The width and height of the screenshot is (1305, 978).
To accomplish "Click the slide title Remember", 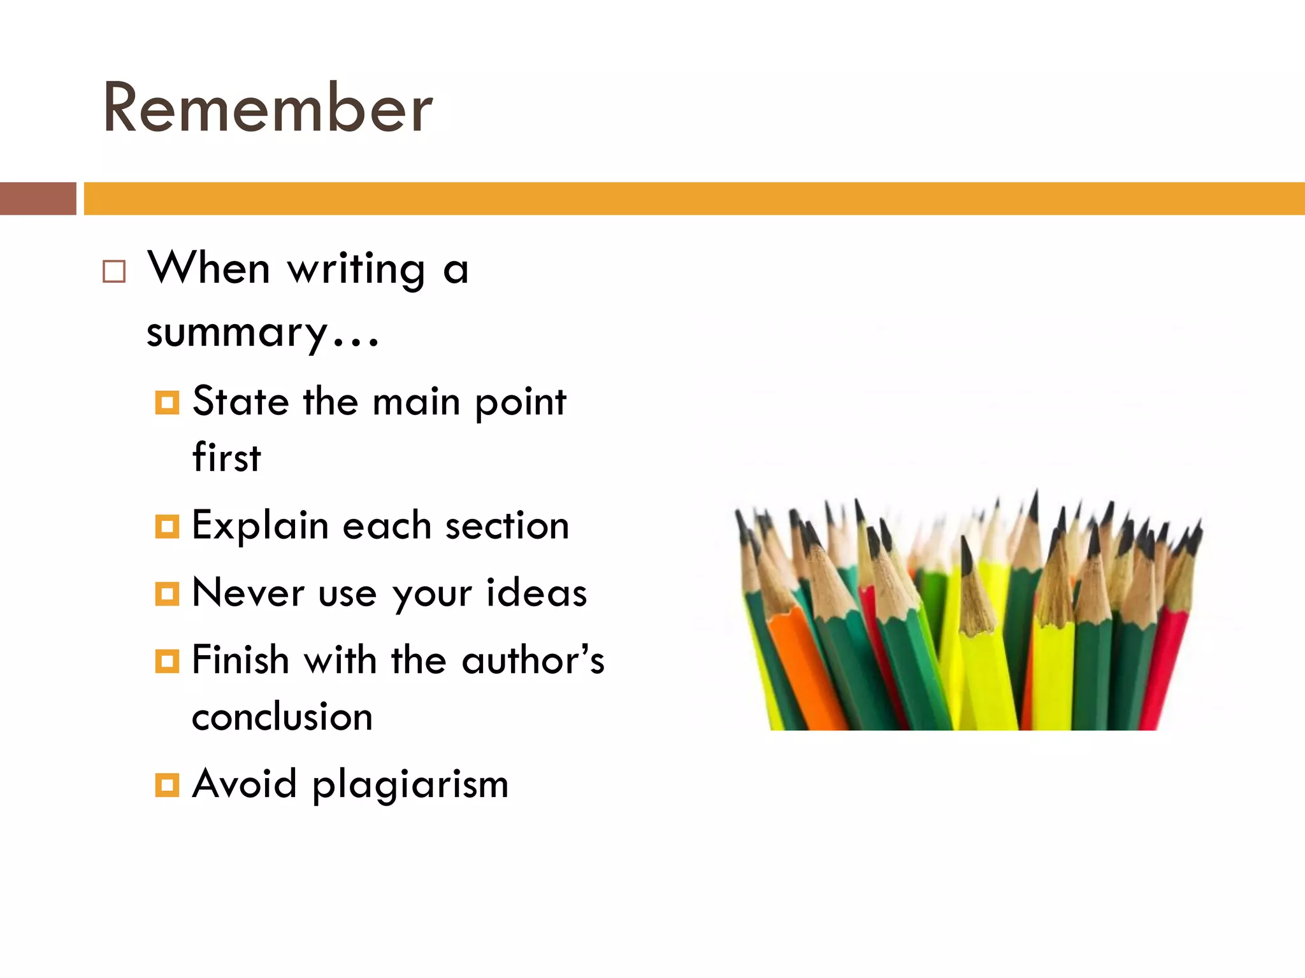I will coord(268,108).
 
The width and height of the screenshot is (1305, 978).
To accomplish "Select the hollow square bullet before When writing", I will coord(114,271).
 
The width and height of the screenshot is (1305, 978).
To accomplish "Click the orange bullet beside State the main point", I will coord(167,402).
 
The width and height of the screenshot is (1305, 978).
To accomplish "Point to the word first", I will coord(226,457).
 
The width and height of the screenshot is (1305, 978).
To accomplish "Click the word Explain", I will coord(260,527).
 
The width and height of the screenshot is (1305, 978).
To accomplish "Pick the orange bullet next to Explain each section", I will coord(167,527).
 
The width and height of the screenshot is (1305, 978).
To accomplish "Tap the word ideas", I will coord(536,593).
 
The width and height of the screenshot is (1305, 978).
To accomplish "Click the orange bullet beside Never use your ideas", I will coord(167,593).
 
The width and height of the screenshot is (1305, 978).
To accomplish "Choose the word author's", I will coord(533,660).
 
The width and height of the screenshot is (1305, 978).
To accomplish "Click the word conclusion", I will coord(282,717).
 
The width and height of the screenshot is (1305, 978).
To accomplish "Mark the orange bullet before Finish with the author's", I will coord(167,661).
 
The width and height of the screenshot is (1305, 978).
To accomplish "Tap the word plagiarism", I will coord(410,784).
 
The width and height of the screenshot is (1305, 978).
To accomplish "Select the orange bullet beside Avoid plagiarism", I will coord(167,784).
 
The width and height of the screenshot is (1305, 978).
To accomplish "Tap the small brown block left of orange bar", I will coord(38,199).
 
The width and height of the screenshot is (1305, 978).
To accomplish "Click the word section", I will coord(507,527).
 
